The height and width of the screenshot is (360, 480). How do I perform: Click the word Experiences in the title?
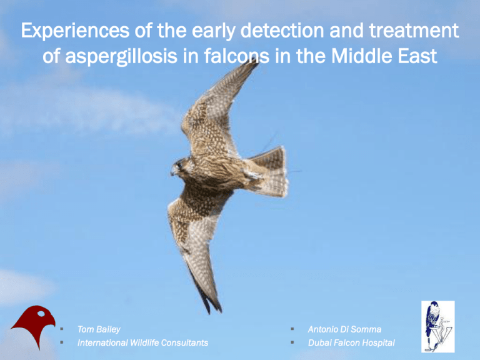[75, 31]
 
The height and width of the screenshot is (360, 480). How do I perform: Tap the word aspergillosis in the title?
[121, 57]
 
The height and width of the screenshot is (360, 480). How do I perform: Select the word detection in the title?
[282, 30]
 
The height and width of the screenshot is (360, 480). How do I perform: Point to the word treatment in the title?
[414, 30]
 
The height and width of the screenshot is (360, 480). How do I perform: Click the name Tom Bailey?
[99, 329]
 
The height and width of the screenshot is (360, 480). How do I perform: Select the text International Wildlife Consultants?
[142, 342]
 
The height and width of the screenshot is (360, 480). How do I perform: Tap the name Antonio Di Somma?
[344, 329]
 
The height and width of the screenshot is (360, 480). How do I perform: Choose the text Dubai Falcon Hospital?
[351, 343]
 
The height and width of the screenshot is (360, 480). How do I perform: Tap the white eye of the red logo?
[41, 314]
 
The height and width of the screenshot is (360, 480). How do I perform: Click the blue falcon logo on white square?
[437, 326]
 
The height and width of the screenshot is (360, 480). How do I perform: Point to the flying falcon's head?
[181, 167]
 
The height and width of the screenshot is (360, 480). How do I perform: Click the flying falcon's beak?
[172, 171]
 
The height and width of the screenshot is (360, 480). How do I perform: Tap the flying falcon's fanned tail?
[269, 171]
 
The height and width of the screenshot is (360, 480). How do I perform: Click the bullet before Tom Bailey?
[62, 329]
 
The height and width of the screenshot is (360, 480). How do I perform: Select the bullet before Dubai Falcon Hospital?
[292, 342]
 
